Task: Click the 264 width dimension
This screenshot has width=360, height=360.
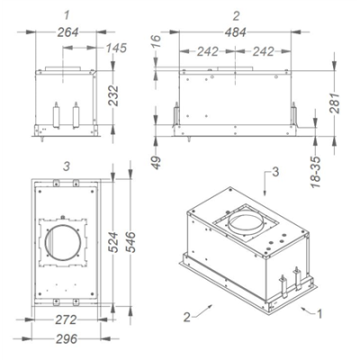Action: coord(67,32)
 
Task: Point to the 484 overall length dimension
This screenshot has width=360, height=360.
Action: coord(236,32)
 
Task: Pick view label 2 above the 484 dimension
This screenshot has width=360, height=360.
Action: coord(236,16)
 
